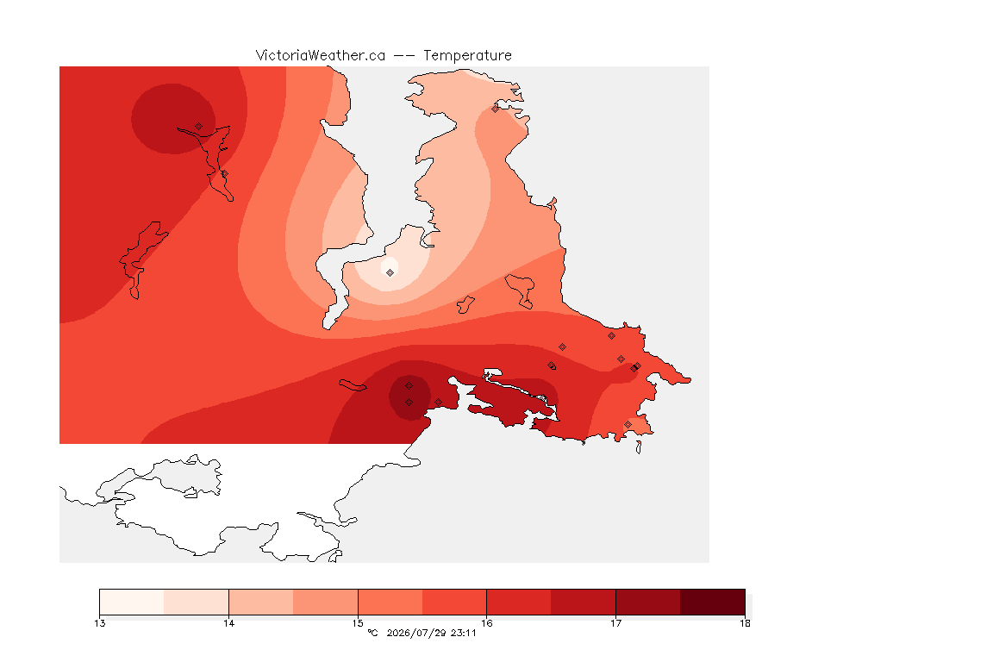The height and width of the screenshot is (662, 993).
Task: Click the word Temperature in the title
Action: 467,56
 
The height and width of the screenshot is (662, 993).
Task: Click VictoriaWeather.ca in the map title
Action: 321,56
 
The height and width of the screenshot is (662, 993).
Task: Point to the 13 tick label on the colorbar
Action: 99,623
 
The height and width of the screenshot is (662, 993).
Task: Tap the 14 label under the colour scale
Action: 228,623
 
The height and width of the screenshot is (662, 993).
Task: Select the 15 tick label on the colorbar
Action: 358,623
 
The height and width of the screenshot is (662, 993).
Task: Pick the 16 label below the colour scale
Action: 486,623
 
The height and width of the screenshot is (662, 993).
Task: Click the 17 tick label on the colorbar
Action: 615,623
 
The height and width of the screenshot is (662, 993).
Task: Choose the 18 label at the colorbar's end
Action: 745,623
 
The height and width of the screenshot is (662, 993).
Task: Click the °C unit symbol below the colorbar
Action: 372,633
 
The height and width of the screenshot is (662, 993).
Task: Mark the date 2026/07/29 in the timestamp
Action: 412,633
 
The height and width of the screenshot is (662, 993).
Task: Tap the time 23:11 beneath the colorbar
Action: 464,633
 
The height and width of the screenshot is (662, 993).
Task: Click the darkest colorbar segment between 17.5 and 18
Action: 713,602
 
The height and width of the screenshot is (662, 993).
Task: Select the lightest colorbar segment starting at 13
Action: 132,602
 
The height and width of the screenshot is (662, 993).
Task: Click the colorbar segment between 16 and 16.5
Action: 519,602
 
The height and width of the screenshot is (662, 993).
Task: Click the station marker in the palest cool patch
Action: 390,272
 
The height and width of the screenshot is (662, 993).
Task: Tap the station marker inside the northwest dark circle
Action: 199,127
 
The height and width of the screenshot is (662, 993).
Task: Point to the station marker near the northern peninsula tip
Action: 496,109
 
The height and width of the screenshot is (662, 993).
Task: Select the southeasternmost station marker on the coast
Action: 628,424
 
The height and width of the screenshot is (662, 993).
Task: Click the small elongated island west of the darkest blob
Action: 352,385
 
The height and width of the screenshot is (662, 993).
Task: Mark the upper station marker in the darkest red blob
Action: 409,386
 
